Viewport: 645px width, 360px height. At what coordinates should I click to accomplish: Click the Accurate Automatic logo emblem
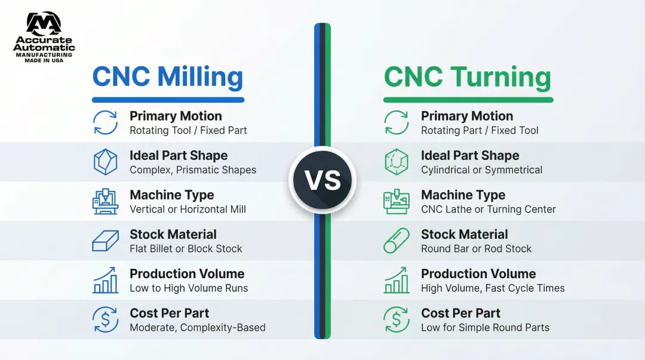[x=44, y=23]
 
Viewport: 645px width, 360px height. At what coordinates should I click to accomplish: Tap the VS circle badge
[x=322, y=180]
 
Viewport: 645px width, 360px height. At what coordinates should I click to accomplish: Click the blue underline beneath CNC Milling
[x=168, y=100]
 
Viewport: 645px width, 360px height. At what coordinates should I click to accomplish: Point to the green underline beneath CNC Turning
[x=468, y=100]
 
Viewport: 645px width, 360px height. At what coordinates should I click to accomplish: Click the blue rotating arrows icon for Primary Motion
[x=105, y=122]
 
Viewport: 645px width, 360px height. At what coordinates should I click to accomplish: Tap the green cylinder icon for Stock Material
[x=397, y=241]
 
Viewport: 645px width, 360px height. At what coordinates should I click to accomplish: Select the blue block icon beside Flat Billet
[x=105, y=241]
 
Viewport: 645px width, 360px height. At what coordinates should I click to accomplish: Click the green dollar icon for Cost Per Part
[x=397, y=319]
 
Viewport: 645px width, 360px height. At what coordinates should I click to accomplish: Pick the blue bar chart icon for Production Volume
[x=105, y=280]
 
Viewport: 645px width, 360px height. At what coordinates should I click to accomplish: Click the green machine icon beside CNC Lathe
[x=397, y=202]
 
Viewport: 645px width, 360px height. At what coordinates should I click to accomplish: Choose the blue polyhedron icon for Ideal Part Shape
[x=105, y=162]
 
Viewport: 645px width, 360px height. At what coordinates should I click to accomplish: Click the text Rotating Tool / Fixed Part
[x=188, y=130]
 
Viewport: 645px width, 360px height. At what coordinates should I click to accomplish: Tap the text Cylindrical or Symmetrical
[x=481, y=170]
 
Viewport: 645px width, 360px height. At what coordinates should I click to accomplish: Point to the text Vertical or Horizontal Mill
[x=188, y=210]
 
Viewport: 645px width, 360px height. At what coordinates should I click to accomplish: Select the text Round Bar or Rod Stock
[x=476, y=249]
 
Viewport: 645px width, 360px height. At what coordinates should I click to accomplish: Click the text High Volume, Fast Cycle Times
[x=492, y=288]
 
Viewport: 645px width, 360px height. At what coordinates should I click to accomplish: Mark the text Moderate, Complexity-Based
[x=198, y=328]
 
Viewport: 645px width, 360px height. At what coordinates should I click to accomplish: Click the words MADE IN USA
[x=44, y=60]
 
